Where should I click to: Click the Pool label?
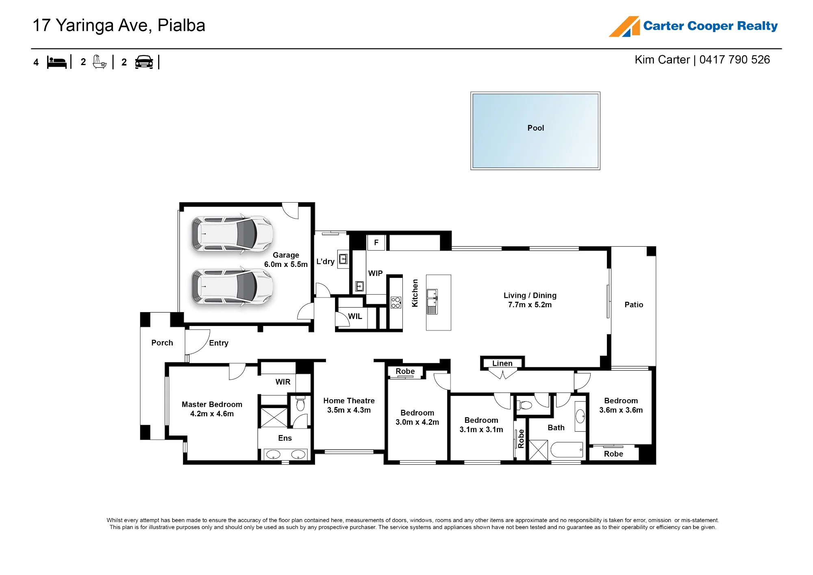point(535,128)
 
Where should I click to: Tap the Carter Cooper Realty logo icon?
point(624,26)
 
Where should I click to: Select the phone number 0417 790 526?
point(735,60)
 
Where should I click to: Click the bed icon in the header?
point(57,62)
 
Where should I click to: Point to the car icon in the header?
point(144,62)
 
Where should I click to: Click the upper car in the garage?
point(232,234)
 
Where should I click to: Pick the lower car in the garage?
point(232,286)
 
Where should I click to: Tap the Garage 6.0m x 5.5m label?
point(286,260)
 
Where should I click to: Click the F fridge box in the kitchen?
point(376,243)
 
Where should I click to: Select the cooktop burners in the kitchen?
point(396,302)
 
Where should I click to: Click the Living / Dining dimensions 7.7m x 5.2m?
point(530,305)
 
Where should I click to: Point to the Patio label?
point(634,305)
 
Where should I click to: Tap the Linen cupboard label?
point(502,363)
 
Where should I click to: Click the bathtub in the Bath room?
point(567,450)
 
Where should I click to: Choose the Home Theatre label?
point(349,401)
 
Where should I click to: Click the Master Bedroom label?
point(212,404)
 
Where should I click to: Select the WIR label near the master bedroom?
point(283,382)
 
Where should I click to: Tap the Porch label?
point(162,343)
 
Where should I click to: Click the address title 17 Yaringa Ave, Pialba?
point(119,26)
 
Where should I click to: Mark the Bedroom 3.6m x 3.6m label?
point(621,405)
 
